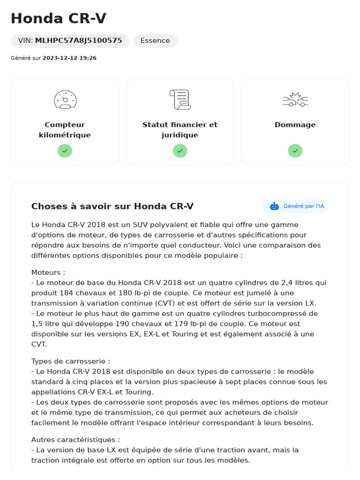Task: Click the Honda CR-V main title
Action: tap(59, 19)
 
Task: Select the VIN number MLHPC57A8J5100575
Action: tap(78, 41)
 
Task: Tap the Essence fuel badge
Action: tap(155, 41)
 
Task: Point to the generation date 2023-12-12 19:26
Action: tap(69, 58)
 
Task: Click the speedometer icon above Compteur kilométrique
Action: tap(65, 99)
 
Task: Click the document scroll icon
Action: tap(180, 99)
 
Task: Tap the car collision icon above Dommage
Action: tap(295, 99)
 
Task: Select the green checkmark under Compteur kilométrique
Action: tap(65, 150)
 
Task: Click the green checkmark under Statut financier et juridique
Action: tap(180, 150)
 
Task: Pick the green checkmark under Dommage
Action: tap(295, 150)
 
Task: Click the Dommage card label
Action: tap(295, 125)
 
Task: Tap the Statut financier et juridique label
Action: tap(180, 130)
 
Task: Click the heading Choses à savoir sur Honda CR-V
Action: tap(112, 206)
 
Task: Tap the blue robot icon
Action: tap(274, 206)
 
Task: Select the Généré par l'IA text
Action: tap(304, 206)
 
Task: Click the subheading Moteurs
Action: tap(48, 272)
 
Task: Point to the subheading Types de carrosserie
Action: tap(70, 361)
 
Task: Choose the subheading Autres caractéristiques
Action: tap(75, 440)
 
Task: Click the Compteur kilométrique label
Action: tap(65, 130)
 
